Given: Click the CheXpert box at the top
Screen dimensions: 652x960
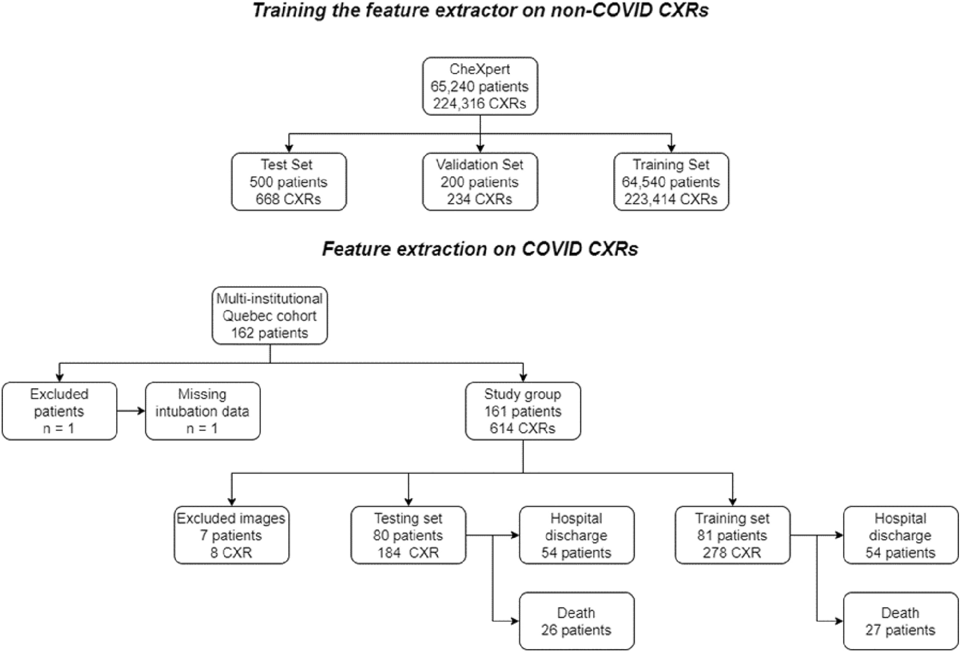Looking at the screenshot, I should tap(479, 86).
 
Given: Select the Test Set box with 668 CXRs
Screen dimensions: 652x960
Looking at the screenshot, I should tap(288, 181).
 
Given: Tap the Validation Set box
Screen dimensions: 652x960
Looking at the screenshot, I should tap(479, 181).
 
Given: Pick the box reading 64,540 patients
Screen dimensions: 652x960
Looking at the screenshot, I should tap(671, 181).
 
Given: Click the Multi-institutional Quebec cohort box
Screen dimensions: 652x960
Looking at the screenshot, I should tap(270, 316).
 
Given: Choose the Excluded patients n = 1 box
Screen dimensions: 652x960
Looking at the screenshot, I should tap(59, 411).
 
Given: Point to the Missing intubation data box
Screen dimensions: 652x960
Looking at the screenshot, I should tap(202, 411).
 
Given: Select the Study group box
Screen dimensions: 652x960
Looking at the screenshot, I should tap(522, 411).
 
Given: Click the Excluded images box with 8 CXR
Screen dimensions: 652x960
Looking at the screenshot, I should tap(231, 535).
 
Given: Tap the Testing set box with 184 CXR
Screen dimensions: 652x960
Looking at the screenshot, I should tap(408, 535).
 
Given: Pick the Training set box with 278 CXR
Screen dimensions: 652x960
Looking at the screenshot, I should tap(732, 535).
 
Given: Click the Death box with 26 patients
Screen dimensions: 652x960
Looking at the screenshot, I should tap(576, 621).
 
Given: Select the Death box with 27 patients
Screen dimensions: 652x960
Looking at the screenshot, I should tap(900, 621).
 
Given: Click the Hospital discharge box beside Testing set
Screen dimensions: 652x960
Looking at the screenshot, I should tap(576, 535).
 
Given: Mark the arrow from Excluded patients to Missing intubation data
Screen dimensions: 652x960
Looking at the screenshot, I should tap(131, 411).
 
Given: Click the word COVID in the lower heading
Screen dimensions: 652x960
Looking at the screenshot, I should tap(553, 249).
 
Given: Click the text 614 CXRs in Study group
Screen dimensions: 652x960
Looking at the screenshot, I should tap(522, 428).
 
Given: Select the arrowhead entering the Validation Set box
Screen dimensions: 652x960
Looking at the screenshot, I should tap(480, 149).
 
